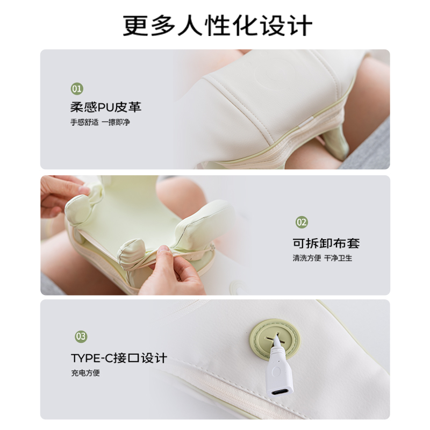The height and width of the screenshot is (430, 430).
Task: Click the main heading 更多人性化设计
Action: pos(215,24)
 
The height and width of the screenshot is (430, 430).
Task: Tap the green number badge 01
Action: pos(77,88)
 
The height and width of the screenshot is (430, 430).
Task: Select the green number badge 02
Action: pos(302,222)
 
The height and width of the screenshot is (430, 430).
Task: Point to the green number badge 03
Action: pos(81,337)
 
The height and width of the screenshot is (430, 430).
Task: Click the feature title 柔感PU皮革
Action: pos(105,106)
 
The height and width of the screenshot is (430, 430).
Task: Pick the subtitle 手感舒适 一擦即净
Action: pos(100,122)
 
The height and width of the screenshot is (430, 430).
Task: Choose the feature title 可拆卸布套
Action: pos(326,242)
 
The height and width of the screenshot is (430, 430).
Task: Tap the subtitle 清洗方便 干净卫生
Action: pos(322,258)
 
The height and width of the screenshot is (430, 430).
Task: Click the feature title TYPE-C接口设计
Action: pos(119,358)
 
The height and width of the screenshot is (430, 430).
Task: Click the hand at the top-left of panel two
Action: pos(62,193)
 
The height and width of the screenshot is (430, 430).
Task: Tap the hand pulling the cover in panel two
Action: pos(175,271)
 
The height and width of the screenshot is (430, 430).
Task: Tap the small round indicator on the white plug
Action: pos(276,371)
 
